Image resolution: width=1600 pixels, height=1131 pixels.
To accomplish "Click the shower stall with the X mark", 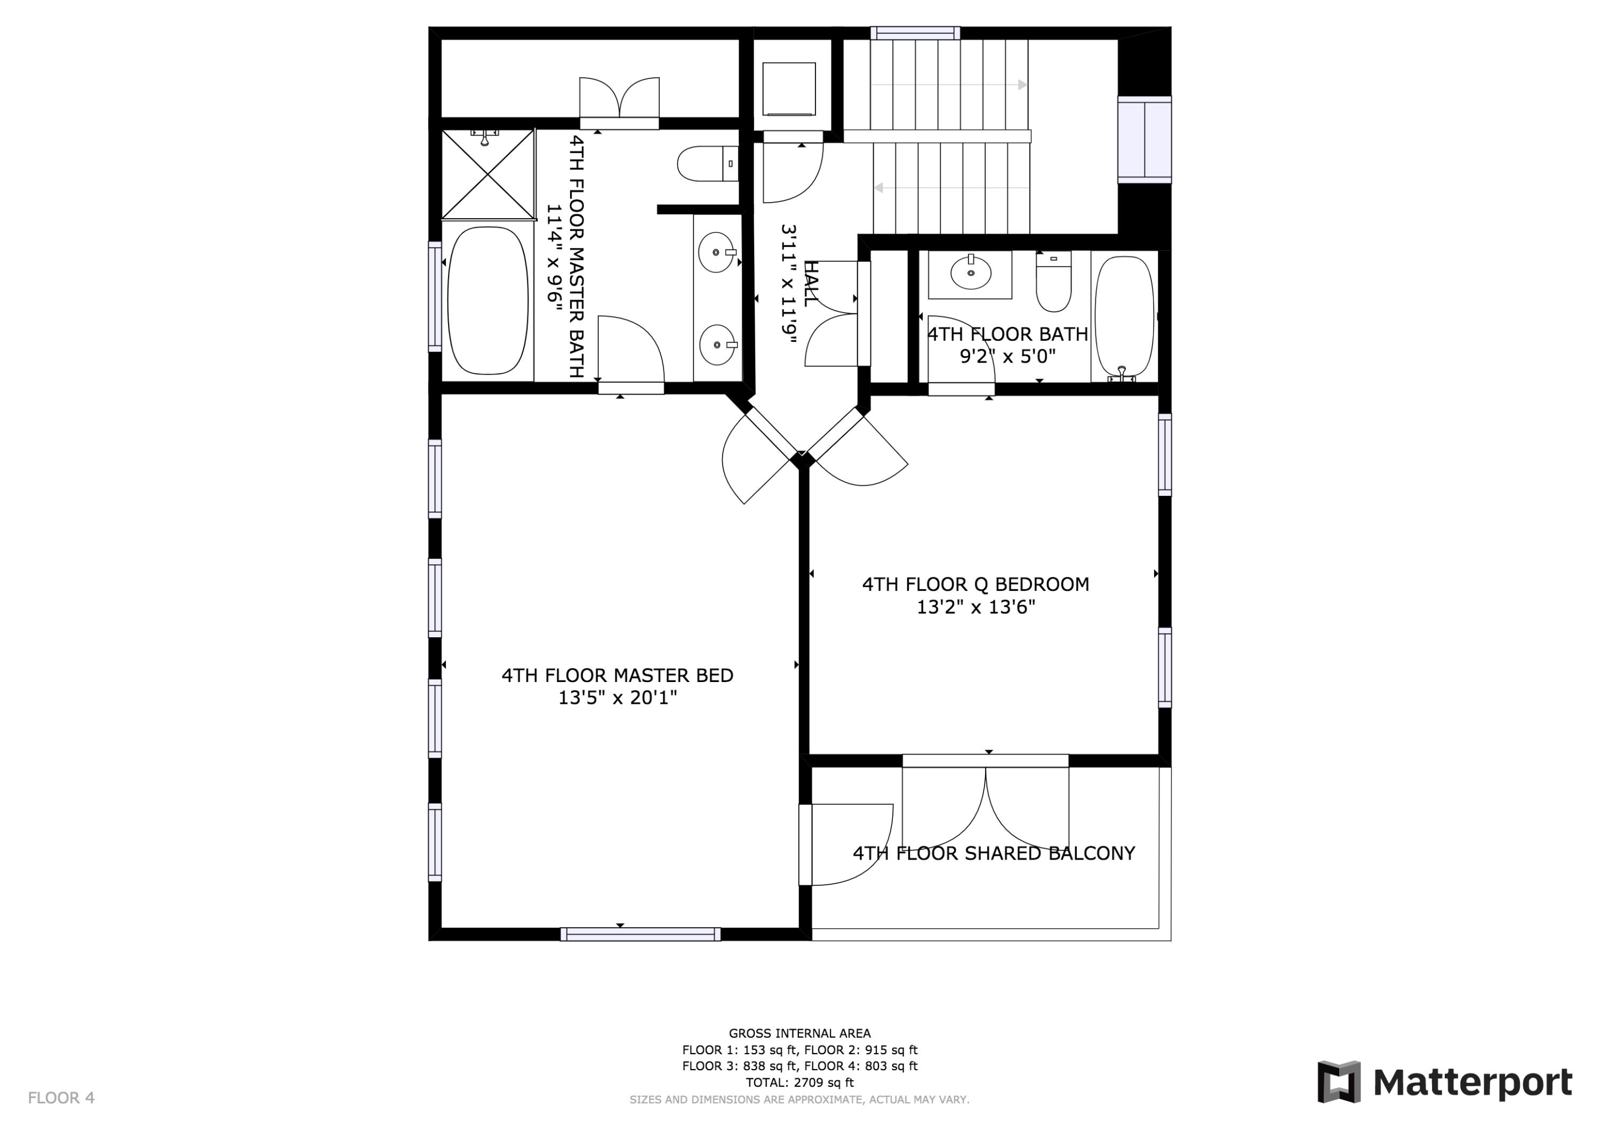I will (x=489, y=174).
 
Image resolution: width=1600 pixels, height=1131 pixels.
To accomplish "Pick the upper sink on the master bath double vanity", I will (x=716, y=252).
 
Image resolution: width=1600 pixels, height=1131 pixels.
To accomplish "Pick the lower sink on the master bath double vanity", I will (x=716, y=344).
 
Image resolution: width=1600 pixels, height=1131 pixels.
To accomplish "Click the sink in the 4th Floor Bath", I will (x=970, y=272).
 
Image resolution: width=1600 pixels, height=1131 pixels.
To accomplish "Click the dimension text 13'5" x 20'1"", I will (x=618, y=697).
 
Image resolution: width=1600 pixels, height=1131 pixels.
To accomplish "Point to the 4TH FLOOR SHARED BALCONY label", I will (x=994, y=854).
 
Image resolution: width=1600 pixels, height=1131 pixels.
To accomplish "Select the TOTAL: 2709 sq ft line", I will (x=799, y=1082).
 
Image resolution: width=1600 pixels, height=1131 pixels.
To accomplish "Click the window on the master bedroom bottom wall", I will (x=641, y=934).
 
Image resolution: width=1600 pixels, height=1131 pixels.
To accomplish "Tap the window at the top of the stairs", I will (x=915, y=33).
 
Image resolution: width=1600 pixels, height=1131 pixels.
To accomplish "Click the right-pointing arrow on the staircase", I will (x=1022, y=85).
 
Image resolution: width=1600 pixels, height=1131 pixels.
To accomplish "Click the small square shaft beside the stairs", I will (x=789, y=89).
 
